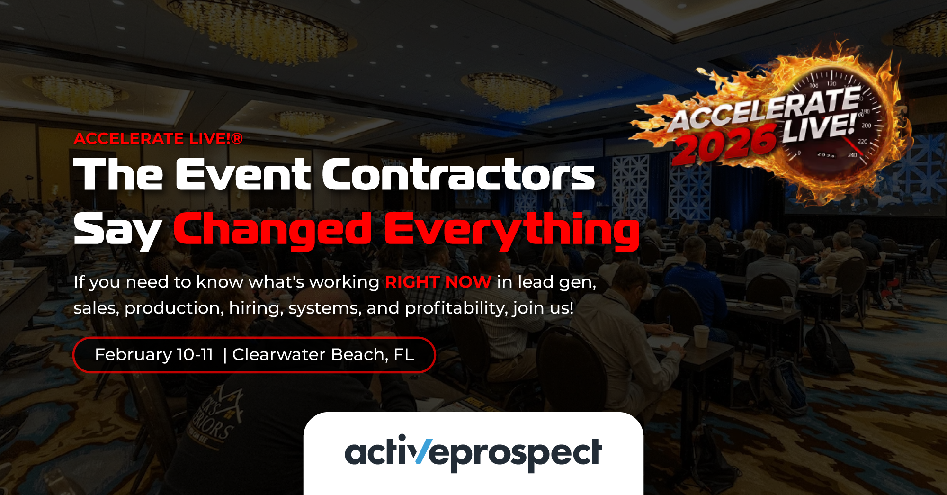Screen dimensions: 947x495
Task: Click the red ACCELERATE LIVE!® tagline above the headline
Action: [x=158, y=138]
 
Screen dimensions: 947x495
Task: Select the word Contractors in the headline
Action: [x=458, y=174]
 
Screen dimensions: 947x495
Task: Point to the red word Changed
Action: [x=273, y=229]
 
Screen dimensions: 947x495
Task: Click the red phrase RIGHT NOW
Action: [x=438, y=282]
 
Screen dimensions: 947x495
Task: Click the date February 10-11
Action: [x=154, y=354]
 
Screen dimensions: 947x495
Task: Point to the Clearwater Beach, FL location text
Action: [x=323, y=354]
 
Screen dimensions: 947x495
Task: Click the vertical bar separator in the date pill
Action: [x=224, y=355]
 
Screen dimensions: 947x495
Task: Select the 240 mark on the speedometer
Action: [x=852, y=155]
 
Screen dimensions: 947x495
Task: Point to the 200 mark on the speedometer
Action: [x=867, y=126]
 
